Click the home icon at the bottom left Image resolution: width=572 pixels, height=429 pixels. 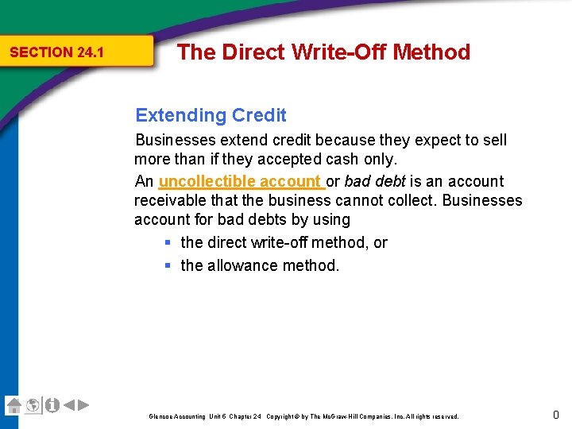(14, 405)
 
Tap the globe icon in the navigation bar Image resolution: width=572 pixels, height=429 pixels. (33, 405)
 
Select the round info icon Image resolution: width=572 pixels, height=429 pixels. (52, 405)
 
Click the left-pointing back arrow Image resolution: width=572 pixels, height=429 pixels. (69, 405)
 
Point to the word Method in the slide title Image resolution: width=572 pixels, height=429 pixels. (431, 52)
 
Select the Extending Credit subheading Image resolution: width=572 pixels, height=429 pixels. (211, 115)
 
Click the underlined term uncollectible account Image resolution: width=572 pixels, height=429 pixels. (242, 181)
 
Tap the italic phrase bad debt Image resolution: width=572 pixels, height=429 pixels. (375, 181)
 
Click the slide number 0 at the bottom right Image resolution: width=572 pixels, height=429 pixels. (556, 414)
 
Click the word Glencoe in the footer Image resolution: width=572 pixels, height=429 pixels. (161, 416)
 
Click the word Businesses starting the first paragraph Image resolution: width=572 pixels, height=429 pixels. (176, 140)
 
